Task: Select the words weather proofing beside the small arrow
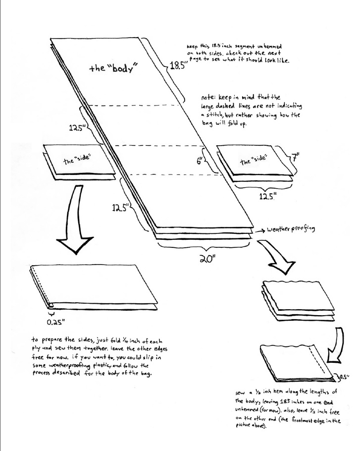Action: (x=290, y=229)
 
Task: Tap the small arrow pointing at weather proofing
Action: (x=260, y=230)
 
